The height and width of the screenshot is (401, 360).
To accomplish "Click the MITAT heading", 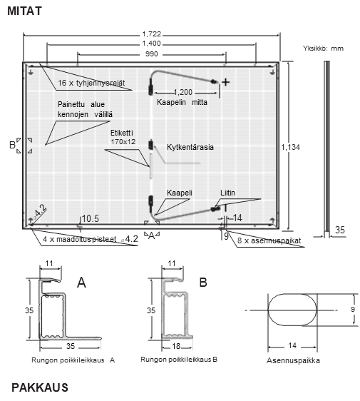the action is tap(24, 11).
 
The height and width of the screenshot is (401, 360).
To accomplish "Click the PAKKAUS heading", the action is tap(40, 387).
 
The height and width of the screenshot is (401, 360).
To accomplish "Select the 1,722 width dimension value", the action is tap(152, 34).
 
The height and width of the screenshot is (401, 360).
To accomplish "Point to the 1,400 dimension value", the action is tap(152, 44).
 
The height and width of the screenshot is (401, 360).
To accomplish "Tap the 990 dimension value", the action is tap(152, 54).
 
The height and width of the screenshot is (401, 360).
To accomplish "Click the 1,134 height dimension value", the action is tap(291, 147).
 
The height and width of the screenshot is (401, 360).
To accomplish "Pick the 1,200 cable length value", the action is tap(183, 92).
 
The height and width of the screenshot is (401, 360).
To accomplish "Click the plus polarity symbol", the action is tap(225, 82).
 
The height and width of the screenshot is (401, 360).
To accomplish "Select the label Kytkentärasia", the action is tap(190, 147).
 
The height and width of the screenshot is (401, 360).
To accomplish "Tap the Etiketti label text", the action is tap(122, 133).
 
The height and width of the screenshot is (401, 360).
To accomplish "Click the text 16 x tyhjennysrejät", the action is tap(91, 83).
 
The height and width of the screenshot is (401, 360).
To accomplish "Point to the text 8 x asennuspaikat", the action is tap(269, 240).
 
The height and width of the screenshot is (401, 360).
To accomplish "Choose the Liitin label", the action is tap(227, 193).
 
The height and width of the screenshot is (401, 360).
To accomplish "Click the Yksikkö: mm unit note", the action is tap(323, 49).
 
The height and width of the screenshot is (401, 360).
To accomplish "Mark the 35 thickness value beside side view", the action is tap(340, 230).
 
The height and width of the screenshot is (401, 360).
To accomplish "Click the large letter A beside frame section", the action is tap(81, 283).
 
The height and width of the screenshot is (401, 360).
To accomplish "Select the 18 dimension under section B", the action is tap(176, 346).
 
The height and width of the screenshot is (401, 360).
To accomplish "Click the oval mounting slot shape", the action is tap(292, 310).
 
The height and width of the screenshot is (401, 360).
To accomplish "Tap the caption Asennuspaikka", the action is tap(293, 360).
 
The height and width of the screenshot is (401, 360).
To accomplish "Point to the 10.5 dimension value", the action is tap(91, 218).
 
